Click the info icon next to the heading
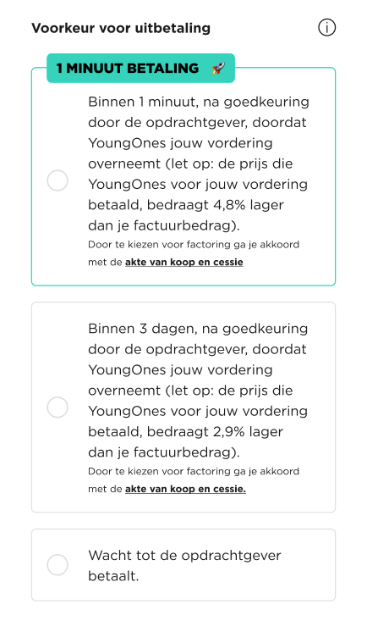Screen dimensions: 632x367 (x=326, y=28)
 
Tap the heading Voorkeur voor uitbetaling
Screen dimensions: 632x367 (x=121, y=29)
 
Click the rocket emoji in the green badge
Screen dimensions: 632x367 (x=217, y=68)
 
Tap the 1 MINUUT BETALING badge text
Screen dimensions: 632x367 (x=127, y=68)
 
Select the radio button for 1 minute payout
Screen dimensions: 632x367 (x=58, y=180)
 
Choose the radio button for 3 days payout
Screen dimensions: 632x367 (x=58, y=407)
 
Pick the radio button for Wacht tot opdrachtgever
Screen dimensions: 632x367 (x=58, y=565)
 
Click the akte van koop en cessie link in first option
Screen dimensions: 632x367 (x=183, y=263)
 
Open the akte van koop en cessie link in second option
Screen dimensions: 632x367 (x=185, y=489)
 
